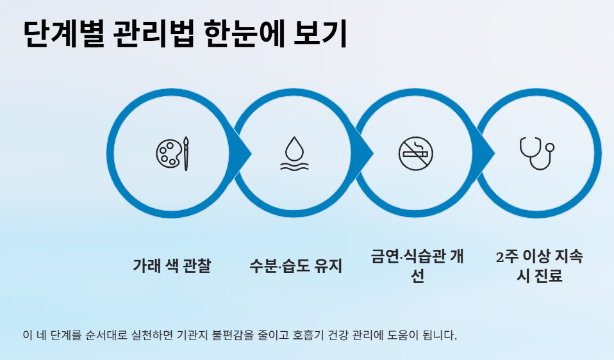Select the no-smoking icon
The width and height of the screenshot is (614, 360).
(x=416, y=154)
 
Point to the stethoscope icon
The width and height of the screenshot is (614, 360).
(x=536, y=153)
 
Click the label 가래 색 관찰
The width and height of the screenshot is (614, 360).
(x=172, y=265)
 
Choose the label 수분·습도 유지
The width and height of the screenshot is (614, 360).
(x=295, y=265)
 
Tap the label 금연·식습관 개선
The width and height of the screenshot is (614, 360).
(x=417, y=266)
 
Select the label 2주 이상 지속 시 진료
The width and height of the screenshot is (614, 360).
(x=540, y=266)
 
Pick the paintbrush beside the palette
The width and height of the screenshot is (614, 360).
(x=186, y=154)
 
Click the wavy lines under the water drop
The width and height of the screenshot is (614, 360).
(x=294, y=166)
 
